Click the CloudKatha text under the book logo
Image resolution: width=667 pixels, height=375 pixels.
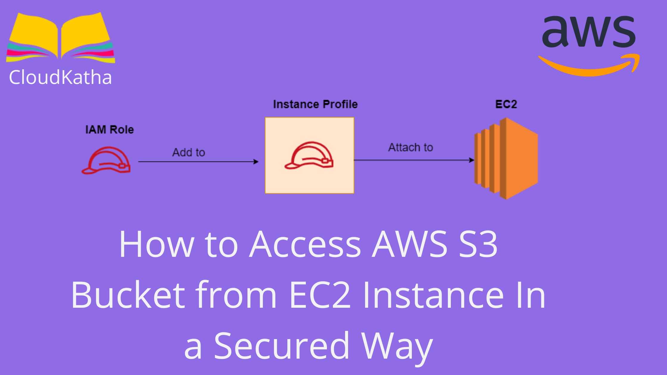60,77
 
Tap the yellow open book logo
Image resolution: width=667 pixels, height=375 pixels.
60,37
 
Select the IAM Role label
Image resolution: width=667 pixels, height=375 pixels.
109,130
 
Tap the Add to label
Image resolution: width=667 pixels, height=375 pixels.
188,152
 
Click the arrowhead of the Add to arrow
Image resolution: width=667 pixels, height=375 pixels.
256,162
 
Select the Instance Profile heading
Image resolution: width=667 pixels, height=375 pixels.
315,104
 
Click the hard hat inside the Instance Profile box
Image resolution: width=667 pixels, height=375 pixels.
309,155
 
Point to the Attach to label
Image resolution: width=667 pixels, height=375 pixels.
410,147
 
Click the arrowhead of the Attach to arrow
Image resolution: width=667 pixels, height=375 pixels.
472,160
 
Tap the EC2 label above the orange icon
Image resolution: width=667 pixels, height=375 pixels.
506,104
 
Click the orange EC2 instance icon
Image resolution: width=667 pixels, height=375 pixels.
506,158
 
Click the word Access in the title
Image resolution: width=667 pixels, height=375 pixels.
306,244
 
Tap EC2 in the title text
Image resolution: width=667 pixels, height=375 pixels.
320,295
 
